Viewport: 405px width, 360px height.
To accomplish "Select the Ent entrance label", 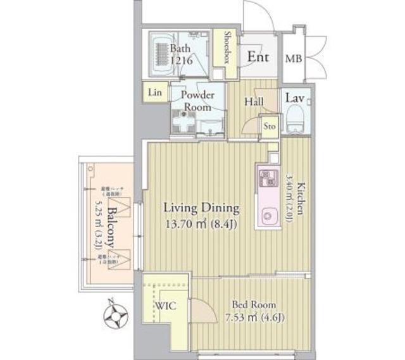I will point(258,56).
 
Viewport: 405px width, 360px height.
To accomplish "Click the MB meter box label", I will point(293,59).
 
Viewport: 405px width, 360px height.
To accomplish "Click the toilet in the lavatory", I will point(295,120).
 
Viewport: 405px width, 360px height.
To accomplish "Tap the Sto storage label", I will point(270,125).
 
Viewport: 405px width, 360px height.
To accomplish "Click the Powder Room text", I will point(197,101).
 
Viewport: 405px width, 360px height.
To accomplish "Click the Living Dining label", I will point(201,208).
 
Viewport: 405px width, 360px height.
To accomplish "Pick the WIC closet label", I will point(166,306).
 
